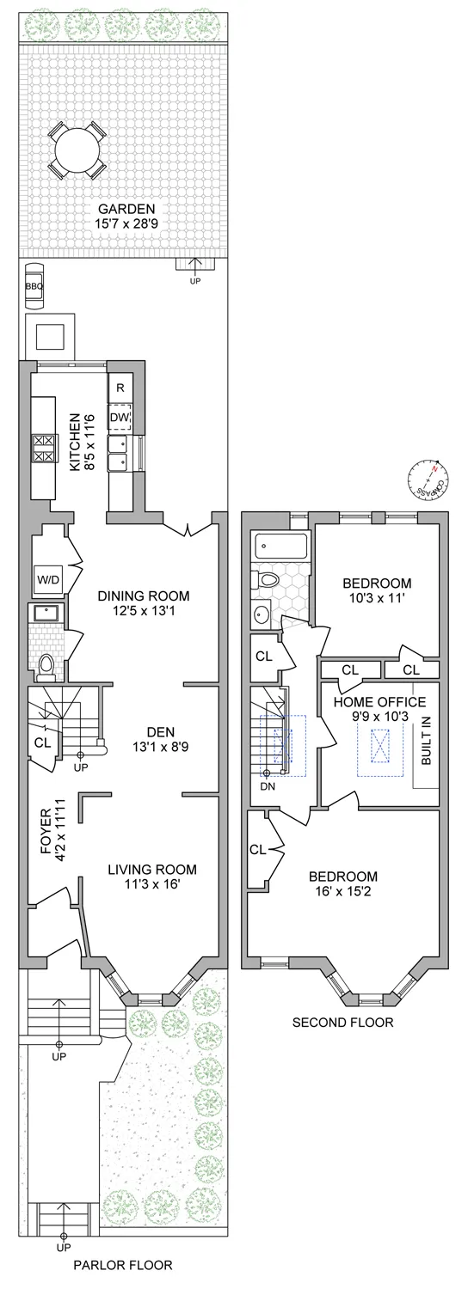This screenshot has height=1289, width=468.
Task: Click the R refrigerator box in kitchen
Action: pyautogui.click(x=120, y=388)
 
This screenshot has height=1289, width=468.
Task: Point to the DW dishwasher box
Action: pyautogui.click(x=120, y=418)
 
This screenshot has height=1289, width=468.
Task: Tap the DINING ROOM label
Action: pyautogui.click(x=143, y=595)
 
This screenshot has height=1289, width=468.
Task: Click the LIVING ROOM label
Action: pyautogui.click(x=152, y=869)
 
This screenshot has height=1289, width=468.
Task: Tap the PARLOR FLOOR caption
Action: pyautogui.click(x=122, y=1265)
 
